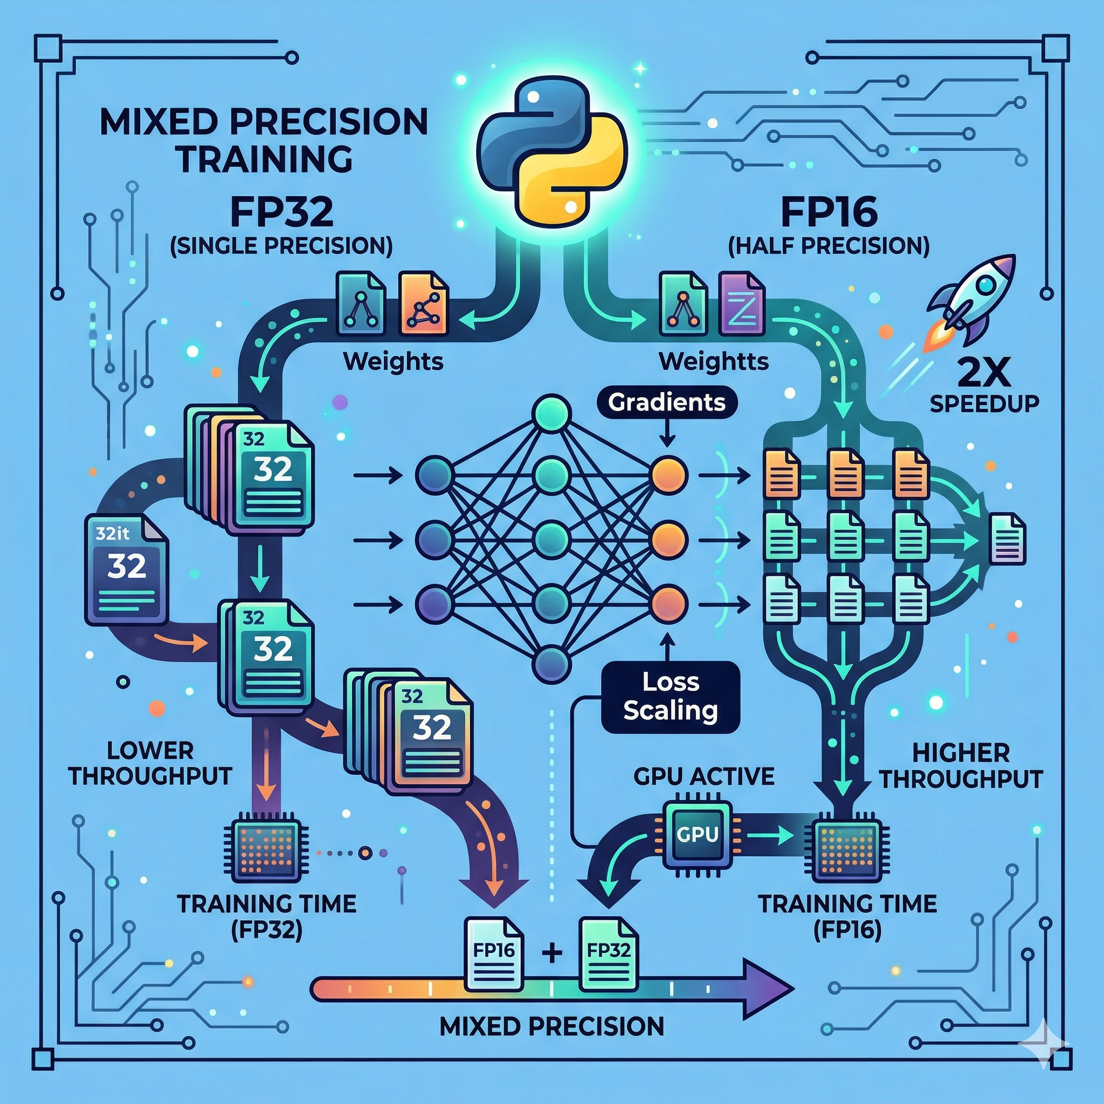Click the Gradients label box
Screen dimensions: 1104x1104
(x=666, y=402)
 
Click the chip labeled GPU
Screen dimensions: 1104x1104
(x=697, y=835)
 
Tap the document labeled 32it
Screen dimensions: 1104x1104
(x=126, y=569)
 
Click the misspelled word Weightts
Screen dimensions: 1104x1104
(x=713, y=362)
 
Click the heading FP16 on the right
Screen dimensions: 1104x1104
(x=829, y=212)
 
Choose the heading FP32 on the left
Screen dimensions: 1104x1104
(x=282, y=212)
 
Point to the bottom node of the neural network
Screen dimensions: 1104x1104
(x=551, y=664)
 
